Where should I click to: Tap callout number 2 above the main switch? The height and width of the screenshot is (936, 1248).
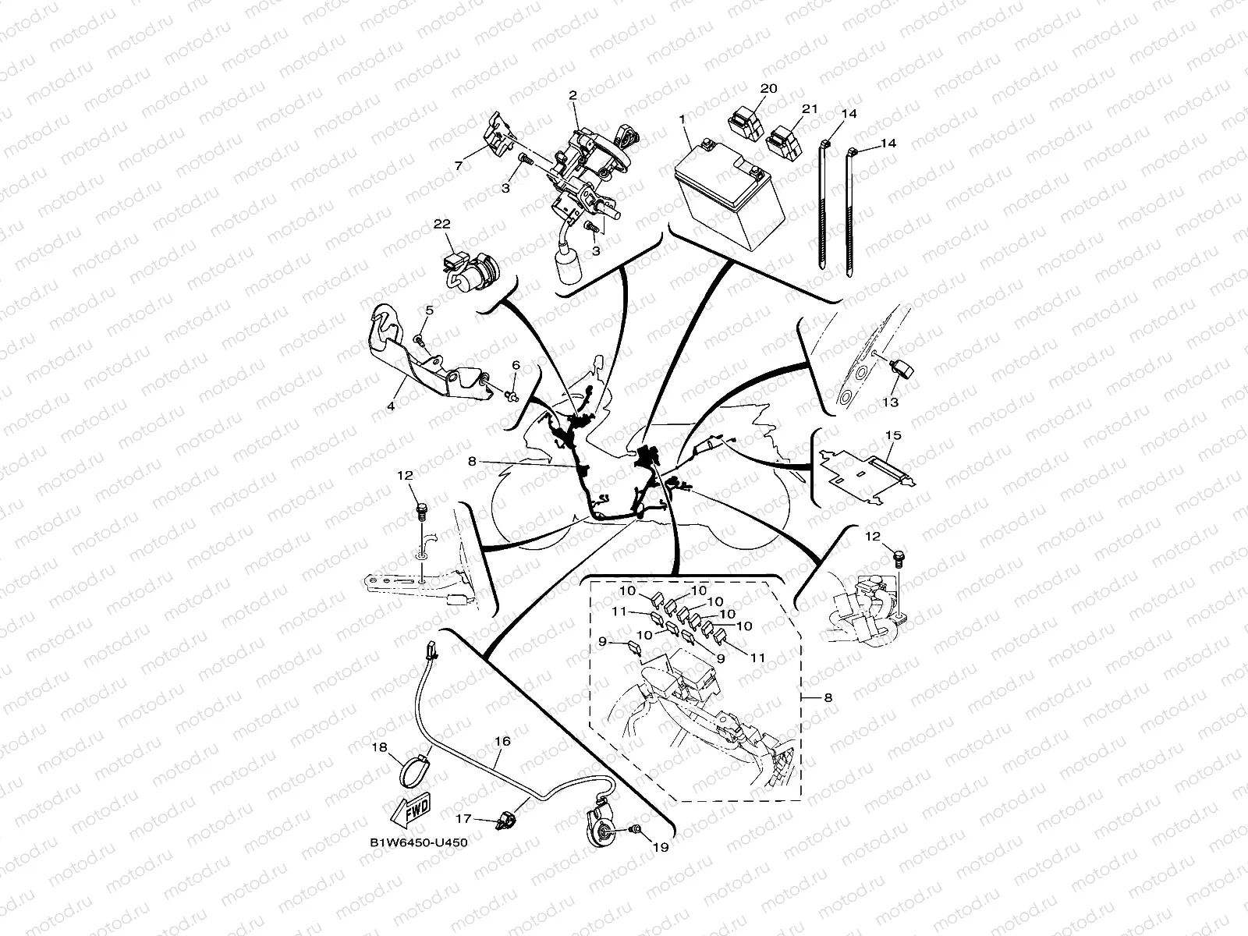click(573, 96)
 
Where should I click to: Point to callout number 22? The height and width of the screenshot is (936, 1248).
click(442, 224)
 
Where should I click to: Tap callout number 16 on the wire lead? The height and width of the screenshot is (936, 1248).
click(502, 742)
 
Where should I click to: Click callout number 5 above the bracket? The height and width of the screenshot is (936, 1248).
click(428, 311)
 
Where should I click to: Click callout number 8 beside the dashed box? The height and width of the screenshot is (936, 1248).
click(828, 698)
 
